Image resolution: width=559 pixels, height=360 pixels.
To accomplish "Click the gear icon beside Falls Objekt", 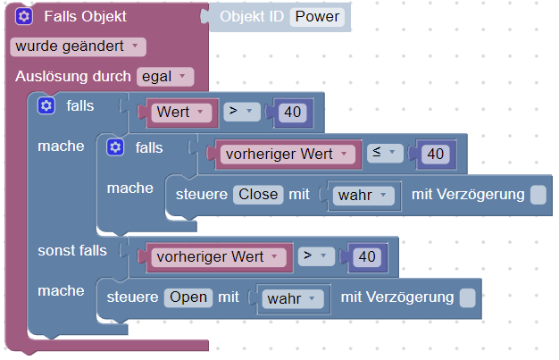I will click(x=24, y=17).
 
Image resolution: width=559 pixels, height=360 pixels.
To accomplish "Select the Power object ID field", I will click(x=317, y=17).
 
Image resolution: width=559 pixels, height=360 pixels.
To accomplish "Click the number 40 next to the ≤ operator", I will click(x=435, y=154).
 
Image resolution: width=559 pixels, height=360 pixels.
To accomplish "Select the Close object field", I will click(x=258, y=194).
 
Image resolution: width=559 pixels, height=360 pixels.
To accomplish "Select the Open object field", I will click(x=187, y=297).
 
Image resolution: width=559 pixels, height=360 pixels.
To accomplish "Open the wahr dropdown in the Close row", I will click(x=363, y=195).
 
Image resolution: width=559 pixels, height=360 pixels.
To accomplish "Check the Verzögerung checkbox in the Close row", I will click(x=538, y=195).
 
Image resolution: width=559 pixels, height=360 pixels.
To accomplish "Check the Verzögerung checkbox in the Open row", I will click(x=467, y=297).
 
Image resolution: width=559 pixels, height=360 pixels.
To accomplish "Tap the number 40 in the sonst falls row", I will click(x=366, y=256).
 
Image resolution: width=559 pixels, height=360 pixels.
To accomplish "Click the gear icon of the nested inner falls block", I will click(x=114, y=147).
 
